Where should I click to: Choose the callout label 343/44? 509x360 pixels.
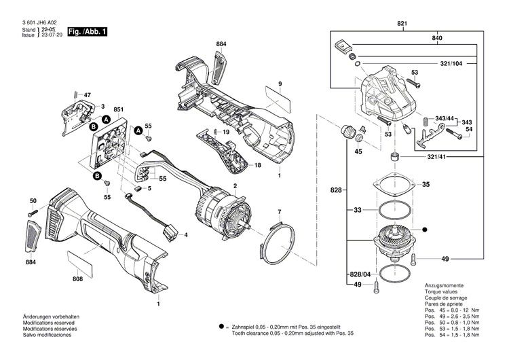tap(445, 119)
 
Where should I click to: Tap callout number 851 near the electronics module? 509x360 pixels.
tap(119, 110)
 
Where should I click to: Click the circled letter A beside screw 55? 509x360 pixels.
tap(138, 130)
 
